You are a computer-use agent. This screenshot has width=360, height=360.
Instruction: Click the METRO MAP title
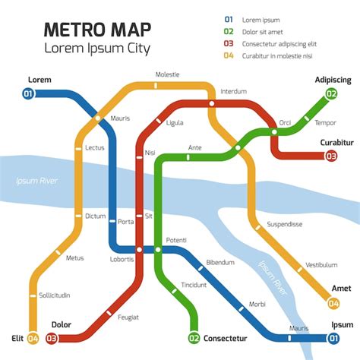[x=97, y=30]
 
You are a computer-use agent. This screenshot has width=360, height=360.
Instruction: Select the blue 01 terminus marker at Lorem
[x=28, y=94]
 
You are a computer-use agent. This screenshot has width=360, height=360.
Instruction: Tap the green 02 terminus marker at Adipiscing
[x=331, y=94]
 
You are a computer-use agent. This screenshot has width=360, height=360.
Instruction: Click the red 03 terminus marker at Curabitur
[x=331, y=156]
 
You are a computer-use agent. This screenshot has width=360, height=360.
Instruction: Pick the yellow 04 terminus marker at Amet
[x=333, y=304]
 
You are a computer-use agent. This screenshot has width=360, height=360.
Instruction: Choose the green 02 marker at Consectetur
[x=194, y=338]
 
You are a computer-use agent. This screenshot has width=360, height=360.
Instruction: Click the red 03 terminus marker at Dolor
[x=52, y=338]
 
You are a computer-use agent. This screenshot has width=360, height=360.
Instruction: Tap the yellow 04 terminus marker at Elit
[x=33, y=338]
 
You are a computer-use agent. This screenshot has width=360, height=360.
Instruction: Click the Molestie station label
[x=167, y=74]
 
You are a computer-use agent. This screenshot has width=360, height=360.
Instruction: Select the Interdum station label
[x=233, y=91]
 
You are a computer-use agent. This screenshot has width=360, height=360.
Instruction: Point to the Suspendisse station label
[x=285, y=224]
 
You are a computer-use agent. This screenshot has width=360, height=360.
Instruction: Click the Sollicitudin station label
[x=55, y=295]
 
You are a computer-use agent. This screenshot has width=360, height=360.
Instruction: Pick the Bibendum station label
[x=220, y=263]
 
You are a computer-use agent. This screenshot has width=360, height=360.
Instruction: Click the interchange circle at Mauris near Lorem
[x=97, y=118]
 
